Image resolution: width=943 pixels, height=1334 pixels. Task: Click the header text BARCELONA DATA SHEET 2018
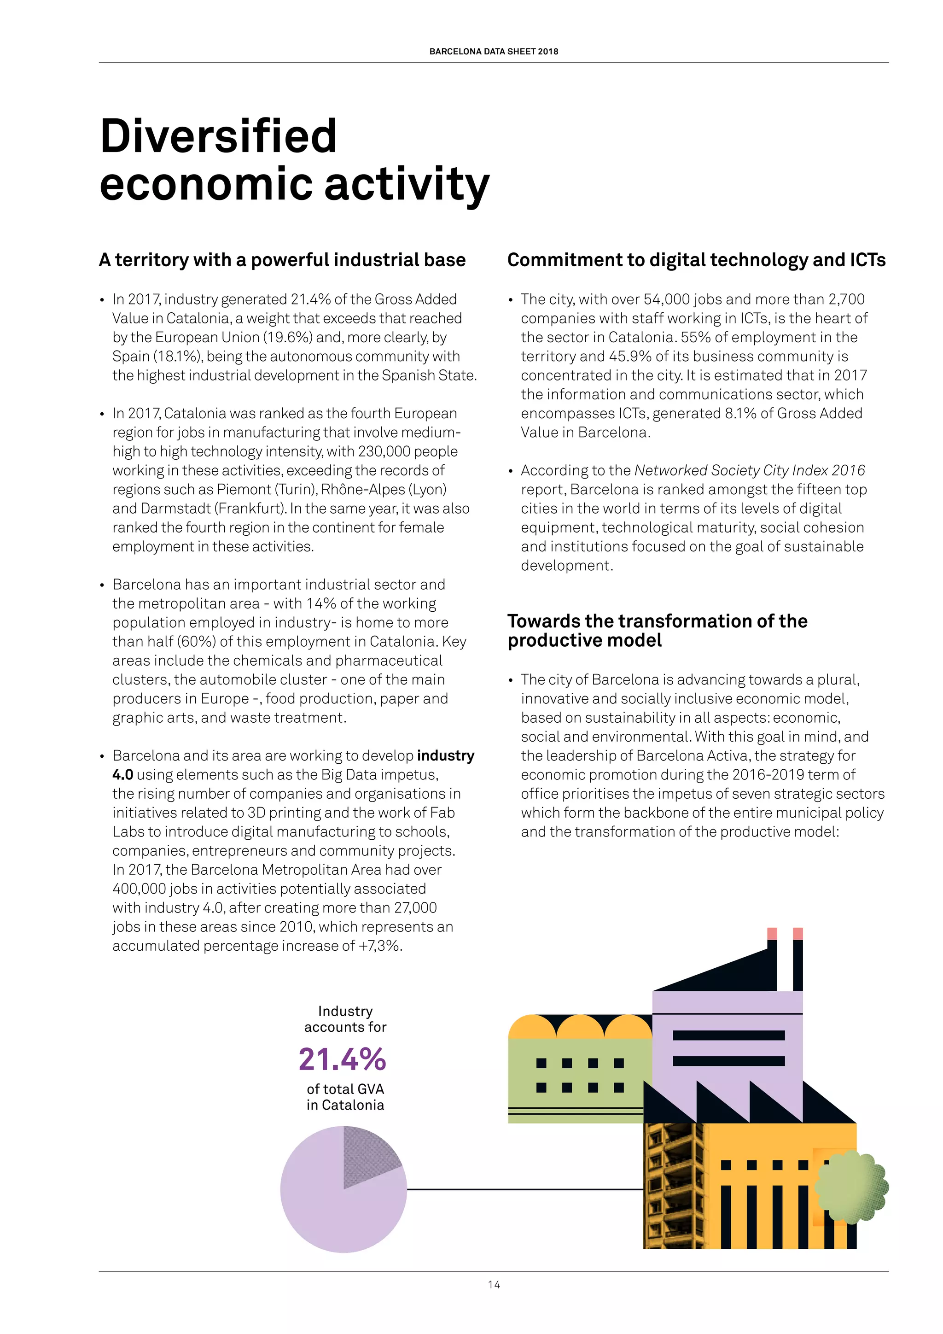pyautogui.click(x=494, y=51)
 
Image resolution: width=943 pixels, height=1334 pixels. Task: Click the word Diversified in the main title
pyautogui.click(x=218, y=136)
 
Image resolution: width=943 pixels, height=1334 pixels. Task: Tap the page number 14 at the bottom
pyautogui.click(x=494, y=1285)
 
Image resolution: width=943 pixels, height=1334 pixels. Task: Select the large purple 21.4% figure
pyautogui.click(x=342, y=1059)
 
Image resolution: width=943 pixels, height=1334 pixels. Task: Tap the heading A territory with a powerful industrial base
pyautogui.click(x=282, y=260)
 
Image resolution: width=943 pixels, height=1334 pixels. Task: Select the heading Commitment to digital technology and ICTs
pyautogui.click(x=696, y=260)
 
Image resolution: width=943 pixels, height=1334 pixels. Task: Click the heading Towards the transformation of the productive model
pyautogui.click(x=658, y=631)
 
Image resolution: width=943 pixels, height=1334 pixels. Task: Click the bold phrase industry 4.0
pyautogui.click(x=445, y=755)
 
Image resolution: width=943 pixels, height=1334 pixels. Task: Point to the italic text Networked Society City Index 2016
pyautogui.click(x=750, y=470)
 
